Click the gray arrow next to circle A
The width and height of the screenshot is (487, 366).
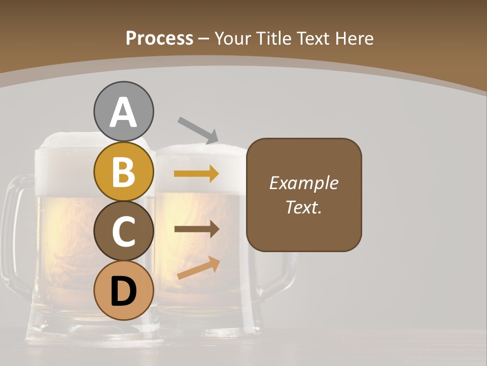[x=198, y=129]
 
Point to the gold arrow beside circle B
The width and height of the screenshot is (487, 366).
[x=196, y=174]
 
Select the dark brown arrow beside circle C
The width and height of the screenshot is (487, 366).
[x=196, y=229]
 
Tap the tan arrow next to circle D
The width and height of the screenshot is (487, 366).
[x=199, y=268]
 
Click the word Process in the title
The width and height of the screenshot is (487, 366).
[x=159, y=38]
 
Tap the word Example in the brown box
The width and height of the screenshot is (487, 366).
[x=303, y=183]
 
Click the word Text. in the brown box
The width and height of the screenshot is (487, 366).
[x=303, y=207]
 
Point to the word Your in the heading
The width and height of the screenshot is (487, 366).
[x=231, y=38]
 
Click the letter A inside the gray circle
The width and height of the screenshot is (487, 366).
[x=123, y=113]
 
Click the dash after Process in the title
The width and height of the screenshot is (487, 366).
[x=204, y=39]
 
